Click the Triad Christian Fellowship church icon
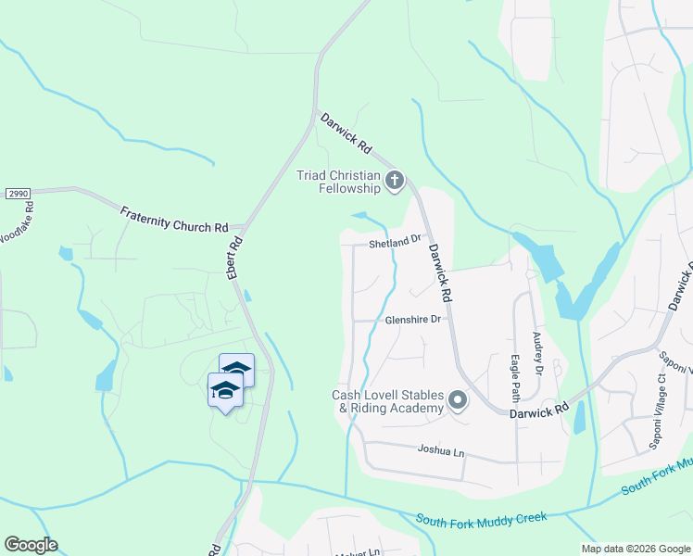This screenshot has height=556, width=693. point(395,179)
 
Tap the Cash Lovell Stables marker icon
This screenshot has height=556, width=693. point(458,401)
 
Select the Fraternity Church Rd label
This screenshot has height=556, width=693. point(173,220)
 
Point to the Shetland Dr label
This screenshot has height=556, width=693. point(395,243)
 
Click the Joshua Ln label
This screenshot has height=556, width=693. point(440,452)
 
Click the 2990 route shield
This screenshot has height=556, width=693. point(17,193)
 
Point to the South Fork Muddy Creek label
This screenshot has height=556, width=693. point(482,518)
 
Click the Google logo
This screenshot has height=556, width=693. point(31,545)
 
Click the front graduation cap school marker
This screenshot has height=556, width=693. point(225,391)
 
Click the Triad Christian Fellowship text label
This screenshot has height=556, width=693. point(338,182)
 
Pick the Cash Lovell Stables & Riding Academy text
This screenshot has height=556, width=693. point(388,401)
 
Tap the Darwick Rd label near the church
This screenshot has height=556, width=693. point(345,133)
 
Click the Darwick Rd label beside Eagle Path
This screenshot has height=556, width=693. point(538,410)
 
